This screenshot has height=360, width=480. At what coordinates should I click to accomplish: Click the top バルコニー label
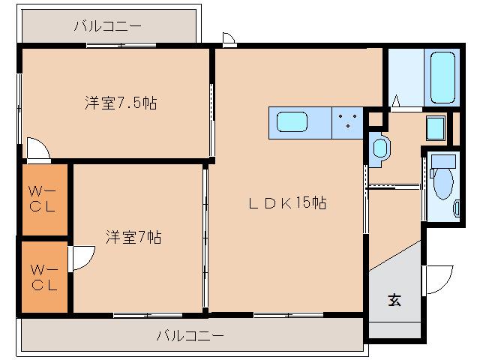tap(107, 27)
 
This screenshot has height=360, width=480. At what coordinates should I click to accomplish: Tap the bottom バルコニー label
tap(190, 335)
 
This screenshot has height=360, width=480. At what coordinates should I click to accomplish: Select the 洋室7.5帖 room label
tap(120, 103)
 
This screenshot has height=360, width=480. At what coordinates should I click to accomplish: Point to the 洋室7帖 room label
tap(133, 238)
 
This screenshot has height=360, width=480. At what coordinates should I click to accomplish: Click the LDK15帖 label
tap(288, 202)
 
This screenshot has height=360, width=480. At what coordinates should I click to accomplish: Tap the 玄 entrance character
tap(394, 301)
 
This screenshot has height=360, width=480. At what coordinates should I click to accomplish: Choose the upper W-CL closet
tap(43, 199)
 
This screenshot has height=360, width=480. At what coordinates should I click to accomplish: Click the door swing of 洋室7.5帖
tap(37, 148)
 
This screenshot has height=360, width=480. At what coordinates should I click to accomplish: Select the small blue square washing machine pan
tap(436, 128)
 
